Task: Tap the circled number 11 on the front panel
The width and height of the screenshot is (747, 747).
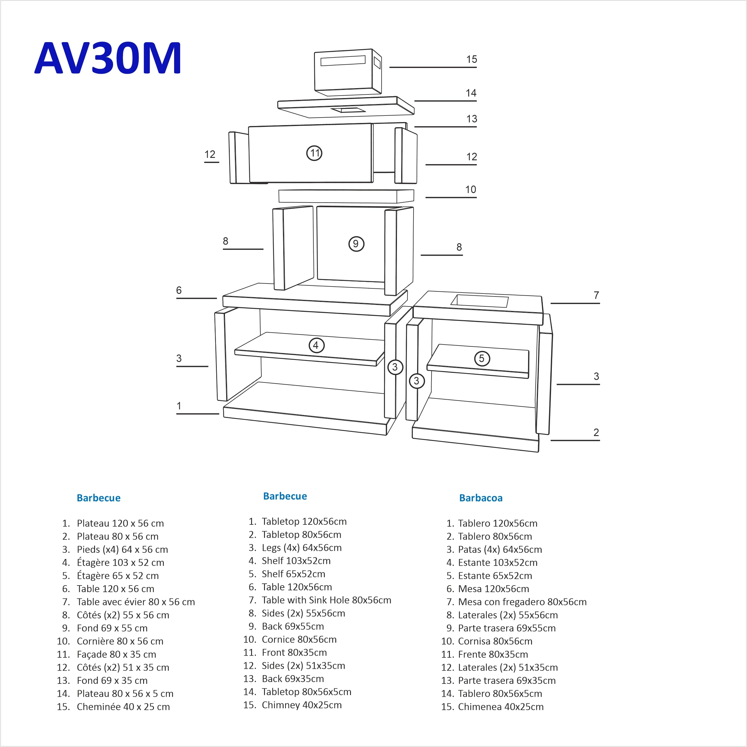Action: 314,153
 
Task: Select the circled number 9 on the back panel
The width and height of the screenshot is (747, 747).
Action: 356,244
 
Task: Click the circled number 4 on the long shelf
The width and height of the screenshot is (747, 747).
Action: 316,345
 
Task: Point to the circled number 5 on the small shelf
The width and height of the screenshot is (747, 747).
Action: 482,358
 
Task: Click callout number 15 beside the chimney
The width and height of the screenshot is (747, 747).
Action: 471,60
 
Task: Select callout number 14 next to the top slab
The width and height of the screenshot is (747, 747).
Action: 471,93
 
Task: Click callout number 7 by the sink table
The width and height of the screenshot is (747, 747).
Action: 596,295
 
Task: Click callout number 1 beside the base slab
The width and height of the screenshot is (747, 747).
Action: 179,406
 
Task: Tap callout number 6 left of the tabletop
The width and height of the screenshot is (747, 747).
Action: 179,290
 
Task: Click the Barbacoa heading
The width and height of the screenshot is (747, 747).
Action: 481,498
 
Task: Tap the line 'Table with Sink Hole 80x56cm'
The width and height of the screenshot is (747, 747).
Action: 326,600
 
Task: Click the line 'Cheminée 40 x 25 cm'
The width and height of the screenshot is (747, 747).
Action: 123,707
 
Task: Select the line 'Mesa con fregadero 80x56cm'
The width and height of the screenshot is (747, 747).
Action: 522,602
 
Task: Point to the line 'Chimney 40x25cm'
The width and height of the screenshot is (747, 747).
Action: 301,705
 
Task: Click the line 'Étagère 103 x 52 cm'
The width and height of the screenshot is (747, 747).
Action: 120,563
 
